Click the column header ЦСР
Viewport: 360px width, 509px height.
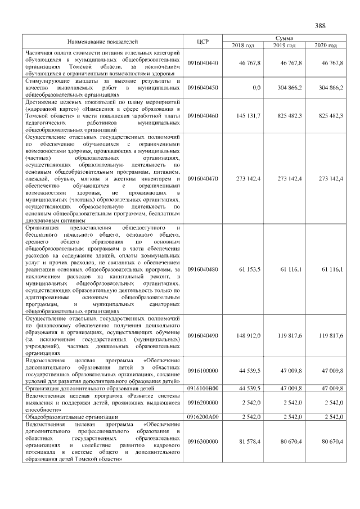pos(204,41)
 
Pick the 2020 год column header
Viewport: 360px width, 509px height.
pos(326,45)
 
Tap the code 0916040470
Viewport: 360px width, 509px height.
pos(203,178)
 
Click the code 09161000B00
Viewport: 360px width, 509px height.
pos(203,388)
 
